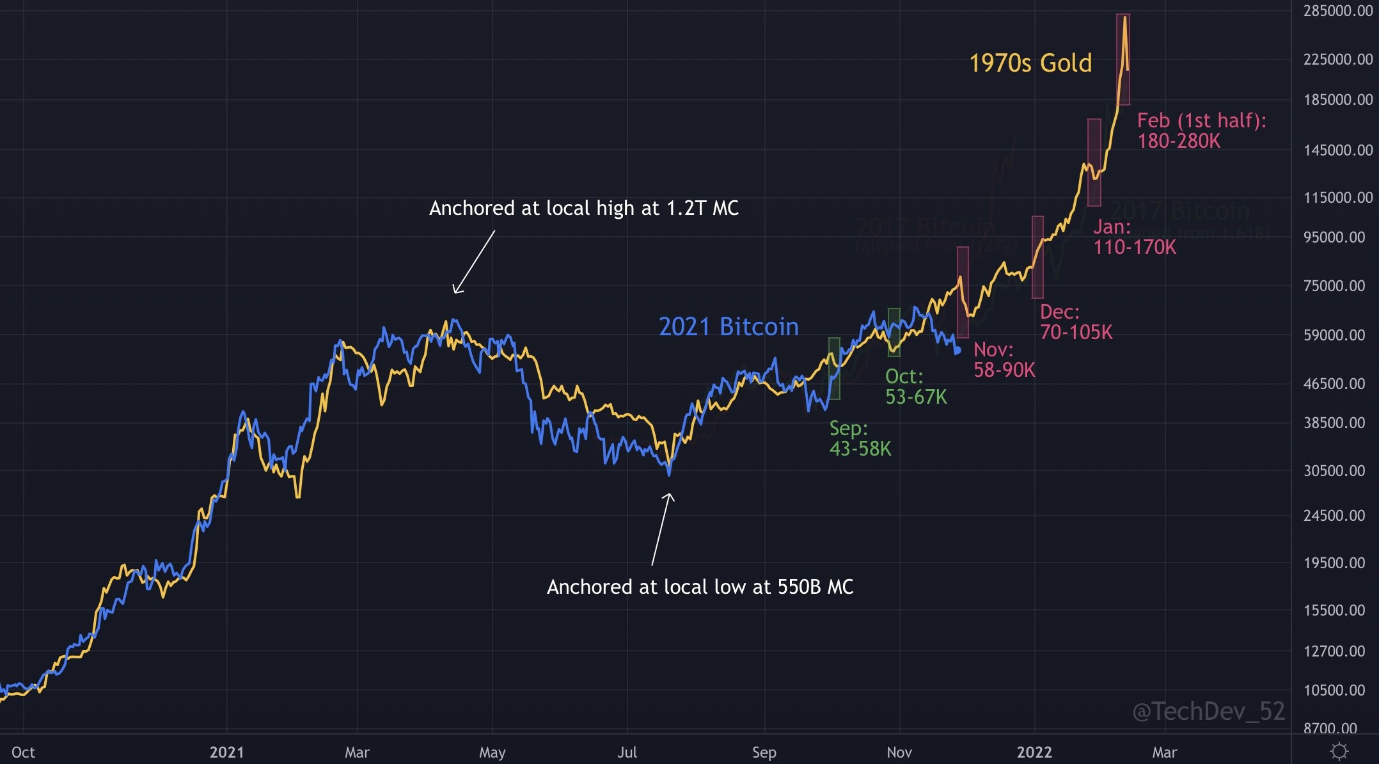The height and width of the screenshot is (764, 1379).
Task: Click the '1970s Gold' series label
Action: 1030,63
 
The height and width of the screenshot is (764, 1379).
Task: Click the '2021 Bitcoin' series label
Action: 729,327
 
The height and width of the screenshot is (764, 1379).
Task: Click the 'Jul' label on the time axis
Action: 627,752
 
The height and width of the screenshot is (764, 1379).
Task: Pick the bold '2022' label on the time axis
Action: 1034,752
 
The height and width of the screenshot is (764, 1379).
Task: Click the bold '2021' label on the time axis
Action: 226,752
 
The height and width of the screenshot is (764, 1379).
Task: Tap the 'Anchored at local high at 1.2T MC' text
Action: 583,209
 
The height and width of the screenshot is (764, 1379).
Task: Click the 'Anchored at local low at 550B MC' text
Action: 700,587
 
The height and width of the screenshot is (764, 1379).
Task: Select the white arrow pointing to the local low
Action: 661,529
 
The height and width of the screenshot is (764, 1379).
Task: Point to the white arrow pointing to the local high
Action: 474,262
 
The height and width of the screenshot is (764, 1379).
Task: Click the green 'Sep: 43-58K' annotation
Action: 860,438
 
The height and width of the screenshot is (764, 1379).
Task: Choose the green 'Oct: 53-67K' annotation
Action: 915,386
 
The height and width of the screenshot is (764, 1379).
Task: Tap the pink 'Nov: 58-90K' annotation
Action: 1004,360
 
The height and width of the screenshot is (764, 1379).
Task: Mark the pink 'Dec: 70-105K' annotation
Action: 1076,322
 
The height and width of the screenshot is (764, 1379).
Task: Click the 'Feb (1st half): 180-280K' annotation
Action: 1201,131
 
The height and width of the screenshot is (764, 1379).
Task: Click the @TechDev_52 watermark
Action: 1208,712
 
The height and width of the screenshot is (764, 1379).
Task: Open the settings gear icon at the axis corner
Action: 1339,751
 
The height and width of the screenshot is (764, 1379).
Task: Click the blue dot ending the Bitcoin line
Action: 957,351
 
